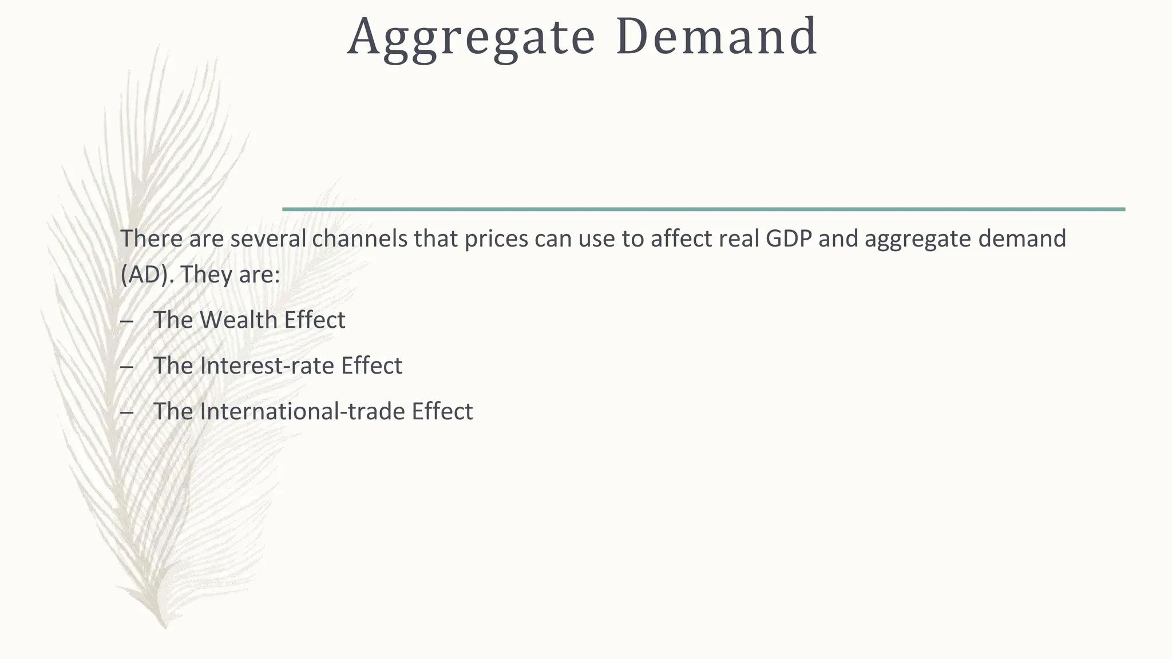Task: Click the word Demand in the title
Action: click(716, 37)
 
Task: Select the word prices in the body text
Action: click(496, 239)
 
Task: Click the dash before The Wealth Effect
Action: click(127, 320)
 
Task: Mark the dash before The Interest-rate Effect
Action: click(127, 366)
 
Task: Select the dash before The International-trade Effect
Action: click(127, 412)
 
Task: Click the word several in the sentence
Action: click(268, 239)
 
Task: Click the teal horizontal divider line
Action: click(703, 209)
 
